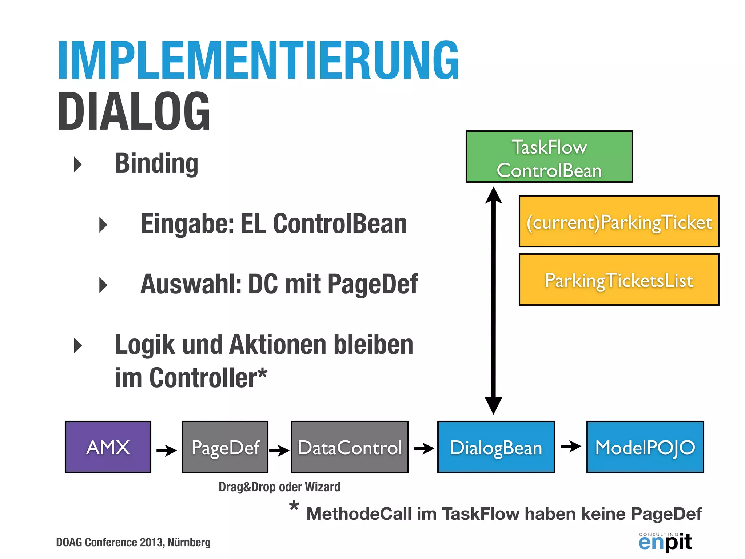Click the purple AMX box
tap(108, 447)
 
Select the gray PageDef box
tap(225, 447)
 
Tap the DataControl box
tap(350, 447)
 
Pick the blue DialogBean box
tap(496, 447)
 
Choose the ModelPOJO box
tap(645, 447)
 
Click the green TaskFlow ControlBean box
tap(549, 156)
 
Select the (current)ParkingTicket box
tap(619, 221)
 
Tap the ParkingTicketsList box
tap(619, 279)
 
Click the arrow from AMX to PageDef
tap(166, 450)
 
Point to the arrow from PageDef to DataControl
tap(279, 450)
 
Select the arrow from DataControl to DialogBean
tap(423, 448)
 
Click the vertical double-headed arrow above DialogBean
tap(494, 300)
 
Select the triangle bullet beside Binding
tap(77, 164)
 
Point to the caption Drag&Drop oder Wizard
tap(279, 487)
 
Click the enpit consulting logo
tap(665, 542)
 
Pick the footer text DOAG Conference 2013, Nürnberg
tap(133, 542)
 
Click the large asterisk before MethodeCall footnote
tap(294, 506)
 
